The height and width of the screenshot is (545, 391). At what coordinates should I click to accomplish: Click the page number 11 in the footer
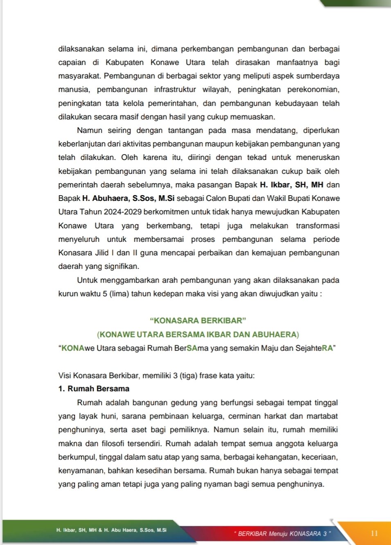[x=374, y=533]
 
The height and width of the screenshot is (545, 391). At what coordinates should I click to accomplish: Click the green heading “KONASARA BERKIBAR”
[x=198, y=321]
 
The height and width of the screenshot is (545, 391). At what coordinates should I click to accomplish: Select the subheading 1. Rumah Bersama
[x=94, y=389]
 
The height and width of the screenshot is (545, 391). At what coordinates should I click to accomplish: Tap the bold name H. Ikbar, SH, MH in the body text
[x=292, y=185]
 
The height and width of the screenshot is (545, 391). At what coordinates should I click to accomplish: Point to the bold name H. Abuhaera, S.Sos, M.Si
[x=128, y=198]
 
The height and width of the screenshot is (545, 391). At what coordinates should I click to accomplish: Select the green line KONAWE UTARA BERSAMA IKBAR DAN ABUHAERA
[x=198, y=335]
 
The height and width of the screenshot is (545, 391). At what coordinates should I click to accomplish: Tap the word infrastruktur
[x=175, y=90]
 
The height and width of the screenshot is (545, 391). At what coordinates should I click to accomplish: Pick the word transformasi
[x=318, y=226]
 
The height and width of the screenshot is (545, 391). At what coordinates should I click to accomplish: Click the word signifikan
[x=121, y=266]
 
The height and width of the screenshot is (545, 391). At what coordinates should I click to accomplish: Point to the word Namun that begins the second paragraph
[x=90, y=131]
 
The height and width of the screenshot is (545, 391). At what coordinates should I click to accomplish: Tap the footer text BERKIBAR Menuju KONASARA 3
[x=282, y=534]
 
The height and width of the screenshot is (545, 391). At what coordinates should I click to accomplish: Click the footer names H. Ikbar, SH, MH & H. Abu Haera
[x=111, y=530]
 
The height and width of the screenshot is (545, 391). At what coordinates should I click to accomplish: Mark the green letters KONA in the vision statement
[x=73, y=348]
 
